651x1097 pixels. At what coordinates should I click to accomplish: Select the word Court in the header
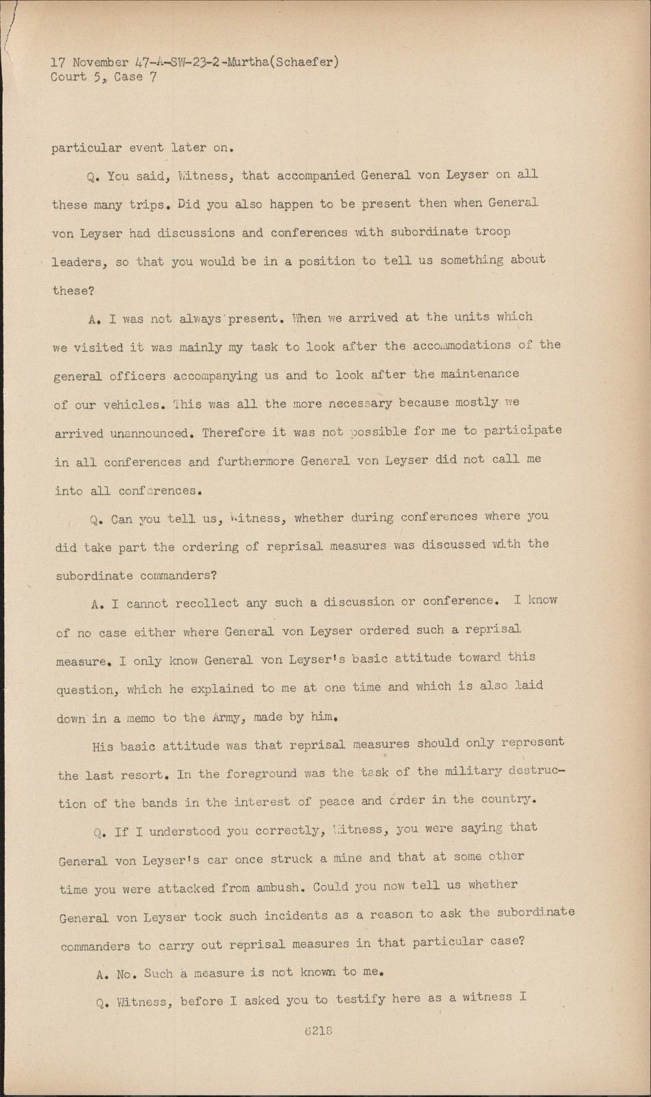click(x=69, y=77)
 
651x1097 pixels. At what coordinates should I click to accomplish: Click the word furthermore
click(x=255, y=461)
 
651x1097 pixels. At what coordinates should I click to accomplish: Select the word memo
click(x=140, y=719)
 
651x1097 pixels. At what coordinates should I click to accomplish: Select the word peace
click(x=336, y=801)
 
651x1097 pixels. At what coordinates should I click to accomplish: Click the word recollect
click(x=207, y=603)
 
